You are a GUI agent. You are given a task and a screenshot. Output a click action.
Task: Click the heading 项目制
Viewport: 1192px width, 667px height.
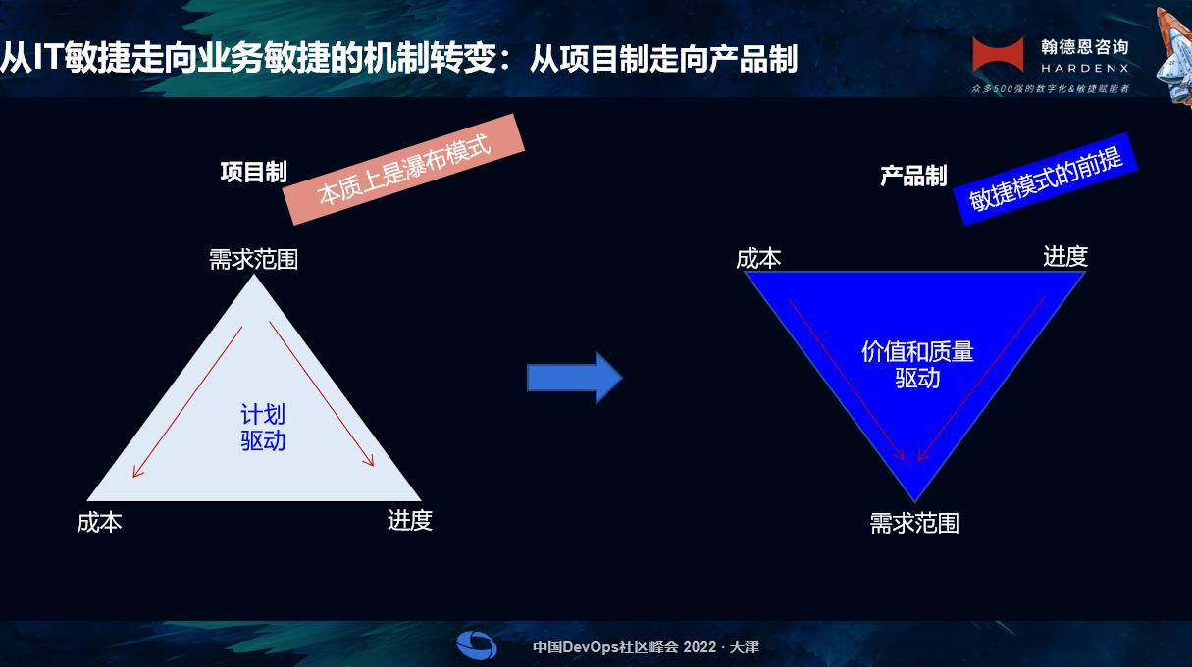[x=254, y=172]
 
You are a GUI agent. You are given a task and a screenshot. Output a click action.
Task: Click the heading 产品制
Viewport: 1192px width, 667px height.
[x=913, y=176]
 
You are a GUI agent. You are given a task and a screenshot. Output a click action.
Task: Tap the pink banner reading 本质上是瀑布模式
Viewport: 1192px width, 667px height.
[x=403, y=169]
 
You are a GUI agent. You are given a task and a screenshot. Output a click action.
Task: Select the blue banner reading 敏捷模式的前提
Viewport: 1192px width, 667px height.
[x=1045, y=180]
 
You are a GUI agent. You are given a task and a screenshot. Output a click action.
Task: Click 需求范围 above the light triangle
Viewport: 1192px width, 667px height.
[x=253, y=260]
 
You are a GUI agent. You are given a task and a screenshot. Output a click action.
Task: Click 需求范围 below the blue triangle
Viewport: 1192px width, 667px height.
[x=914, y=524]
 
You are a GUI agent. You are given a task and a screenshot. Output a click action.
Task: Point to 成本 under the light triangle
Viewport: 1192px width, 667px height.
[x=99, y=523]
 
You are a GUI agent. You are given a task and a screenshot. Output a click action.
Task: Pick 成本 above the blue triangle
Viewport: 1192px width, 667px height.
[x=758, y=259]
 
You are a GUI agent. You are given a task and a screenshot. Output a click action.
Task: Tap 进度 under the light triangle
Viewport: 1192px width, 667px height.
[x=410, y=520]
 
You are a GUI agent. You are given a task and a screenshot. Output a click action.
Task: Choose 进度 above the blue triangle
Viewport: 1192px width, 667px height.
[x=1065, y=256]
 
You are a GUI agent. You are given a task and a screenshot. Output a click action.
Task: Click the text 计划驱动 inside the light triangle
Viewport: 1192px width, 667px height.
[x=263, y=428]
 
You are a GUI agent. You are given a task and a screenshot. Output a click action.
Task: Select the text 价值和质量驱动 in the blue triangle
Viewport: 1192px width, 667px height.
[x=917, y=365]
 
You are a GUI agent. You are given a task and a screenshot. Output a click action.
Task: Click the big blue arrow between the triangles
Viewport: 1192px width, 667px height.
[x=575, y=378]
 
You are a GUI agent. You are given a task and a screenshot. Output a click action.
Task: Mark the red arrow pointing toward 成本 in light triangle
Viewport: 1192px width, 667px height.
[x=187, y=401]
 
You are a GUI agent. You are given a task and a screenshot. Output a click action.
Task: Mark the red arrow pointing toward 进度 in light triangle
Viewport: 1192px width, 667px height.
[x=322, y=393]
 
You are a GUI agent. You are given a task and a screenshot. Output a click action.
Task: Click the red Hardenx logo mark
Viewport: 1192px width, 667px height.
[x=999, y=54]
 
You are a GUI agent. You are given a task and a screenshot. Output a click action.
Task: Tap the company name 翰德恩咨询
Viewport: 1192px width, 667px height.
[x=1084, y=47]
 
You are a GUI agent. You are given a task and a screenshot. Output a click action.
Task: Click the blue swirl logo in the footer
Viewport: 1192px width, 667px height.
[x=477, y=645]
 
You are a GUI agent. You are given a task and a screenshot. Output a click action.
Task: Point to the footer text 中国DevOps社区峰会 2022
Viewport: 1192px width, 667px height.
[x=625, y=647]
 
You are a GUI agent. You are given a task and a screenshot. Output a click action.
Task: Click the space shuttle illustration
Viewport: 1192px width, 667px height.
[x=1174, y=56]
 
